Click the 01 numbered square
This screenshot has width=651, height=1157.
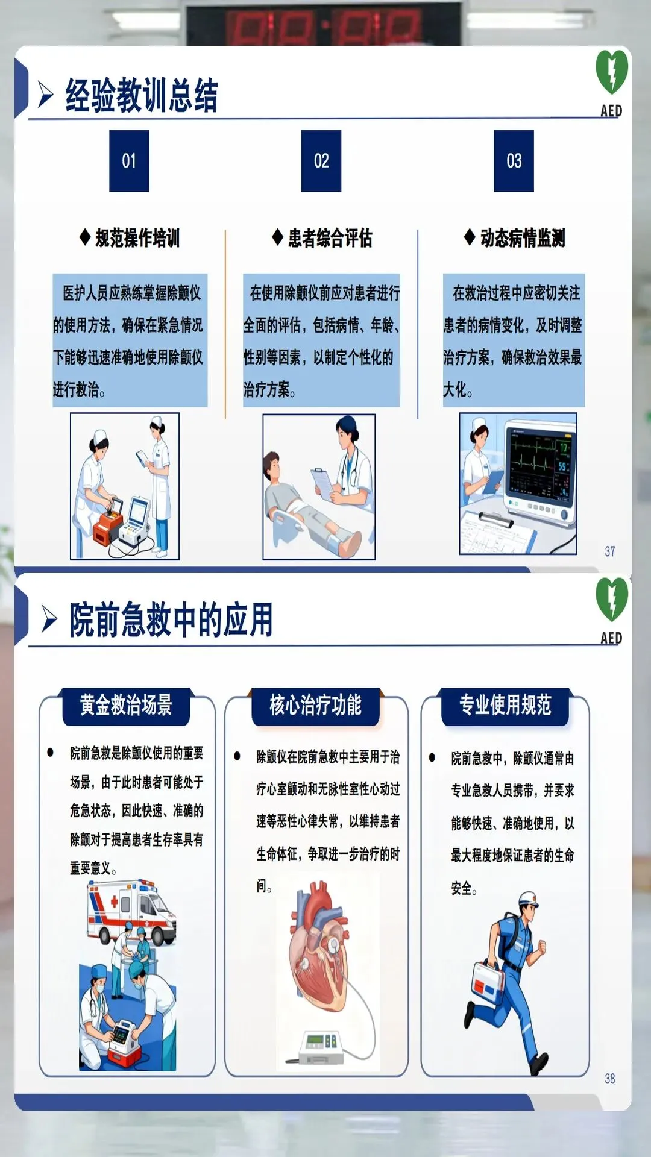pos(129,161)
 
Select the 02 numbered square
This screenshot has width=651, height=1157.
pos(321,161)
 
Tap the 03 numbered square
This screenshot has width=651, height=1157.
pos(514,161)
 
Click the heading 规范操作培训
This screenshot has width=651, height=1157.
pos(137,238)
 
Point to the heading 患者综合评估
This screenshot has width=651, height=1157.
pos(330,238)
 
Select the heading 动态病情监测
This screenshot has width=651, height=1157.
pos(523,238)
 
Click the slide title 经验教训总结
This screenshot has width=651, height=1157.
pos(142,95)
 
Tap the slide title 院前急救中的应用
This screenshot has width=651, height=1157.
pos(171,619)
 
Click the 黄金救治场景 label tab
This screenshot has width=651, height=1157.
pos(126,706)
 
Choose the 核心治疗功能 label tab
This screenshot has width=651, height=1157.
pos(315,706)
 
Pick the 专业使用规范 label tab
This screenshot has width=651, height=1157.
pos(505,706)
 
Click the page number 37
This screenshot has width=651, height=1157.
pos(610,551)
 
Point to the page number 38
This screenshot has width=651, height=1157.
pos(610,1079)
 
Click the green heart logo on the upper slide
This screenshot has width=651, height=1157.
pos(612,72)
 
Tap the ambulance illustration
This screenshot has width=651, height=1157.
pos(131,911)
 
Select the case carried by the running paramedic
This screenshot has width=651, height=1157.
pos(488,985)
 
